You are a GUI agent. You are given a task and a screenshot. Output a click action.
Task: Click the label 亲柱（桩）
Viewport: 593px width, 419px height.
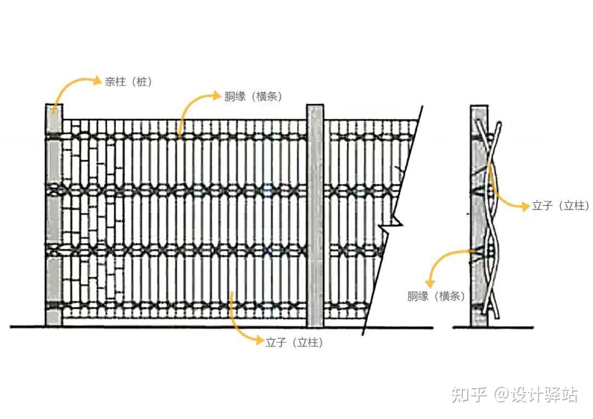point(128,82)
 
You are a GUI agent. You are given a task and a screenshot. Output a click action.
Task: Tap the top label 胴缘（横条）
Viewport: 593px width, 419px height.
point(253,96)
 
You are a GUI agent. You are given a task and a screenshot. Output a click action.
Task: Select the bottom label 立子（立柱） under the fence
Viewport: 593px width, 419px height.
point(294,343)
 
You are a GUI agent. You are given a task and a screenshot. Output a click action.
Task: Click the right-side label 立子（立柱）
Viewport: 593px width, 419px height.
point(560,206)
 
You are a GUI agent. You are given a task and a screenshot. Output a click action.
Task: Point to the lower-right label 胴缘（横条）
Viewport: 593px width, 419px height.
point(436,297)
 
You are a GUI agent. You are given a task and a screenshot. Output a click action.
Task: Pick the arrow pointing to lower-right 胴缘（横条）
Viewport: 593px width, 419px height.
point(442,261)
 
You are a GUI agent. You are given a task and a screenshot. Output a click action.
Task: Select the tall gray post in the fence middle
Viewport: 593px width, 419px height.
point(315,214)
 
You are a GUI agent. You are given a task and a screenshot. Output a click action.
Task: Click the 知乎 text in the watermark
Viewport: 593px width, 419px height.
point(469,394)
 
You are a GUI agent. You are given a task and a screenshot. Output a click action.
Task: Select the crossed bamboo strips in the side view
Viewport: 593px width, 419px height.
point(492,220)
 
